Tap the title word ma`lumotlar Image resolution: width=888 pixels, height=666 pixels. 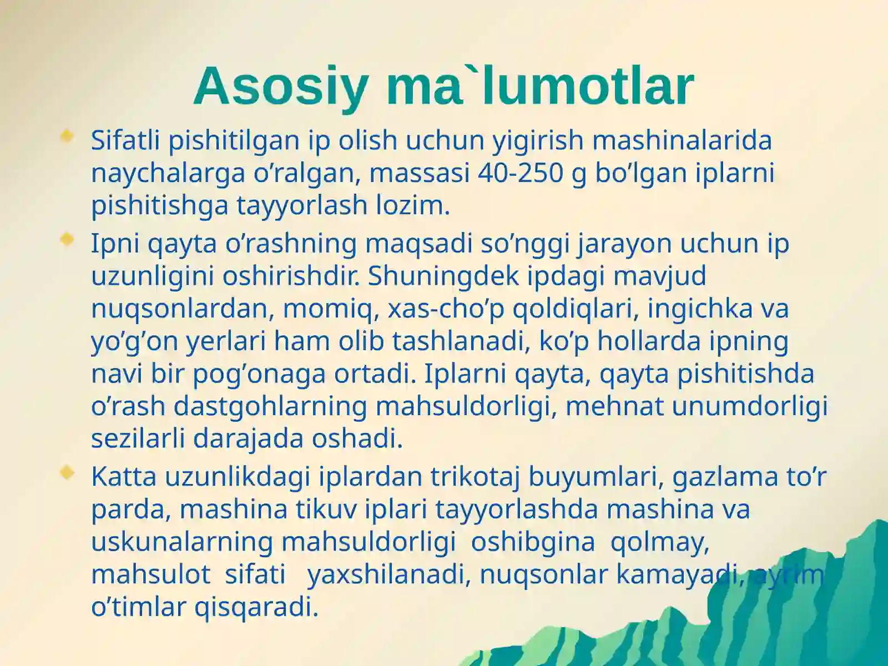point(541,85)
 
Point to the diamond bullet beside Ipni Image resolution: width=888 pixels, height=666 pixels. point(67,239)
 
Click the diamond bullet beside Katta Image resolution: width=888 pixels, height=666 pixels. point(67,472)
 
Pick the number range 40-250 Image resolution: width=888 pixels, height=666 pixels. point(521,173)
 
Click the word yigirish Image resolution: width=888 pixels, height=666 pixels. point(538,141)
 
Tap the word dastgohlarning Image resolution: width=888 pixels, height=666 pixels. point(270,406)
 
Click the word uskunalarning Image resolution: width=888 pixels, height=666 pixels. point(182,543)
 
